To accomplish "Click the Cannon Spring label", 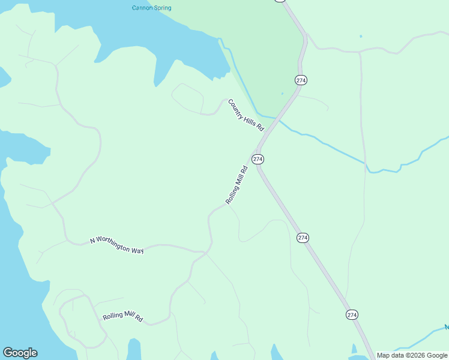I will (x=151, y=8).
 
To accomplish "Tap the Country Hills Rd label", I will (x=246, y=115).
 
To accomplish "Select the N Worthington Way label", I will (x=117, y=245).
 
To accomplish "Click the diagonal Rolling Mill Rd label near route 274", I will (x=237, y=185).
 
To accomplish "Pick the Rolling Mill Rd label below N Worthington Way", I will (x=122, y=317).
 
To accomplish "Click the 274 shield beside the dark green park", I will (x=301, y=80).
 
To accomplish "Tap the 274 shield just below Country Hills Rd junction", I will (x=258, y=159).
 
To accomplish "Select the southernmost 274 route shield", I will (x=352, y=314).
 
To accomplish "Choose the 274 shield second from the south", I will (x=303, y=238).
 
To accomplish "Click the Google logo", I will (x=20, y=353).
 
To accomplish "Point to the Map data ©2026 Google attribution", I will (x=412, y=356).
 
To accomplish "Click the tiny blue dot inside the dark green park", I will (x=282, y=94).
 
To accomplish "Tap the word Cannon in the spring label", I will (x=142, y=8).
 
